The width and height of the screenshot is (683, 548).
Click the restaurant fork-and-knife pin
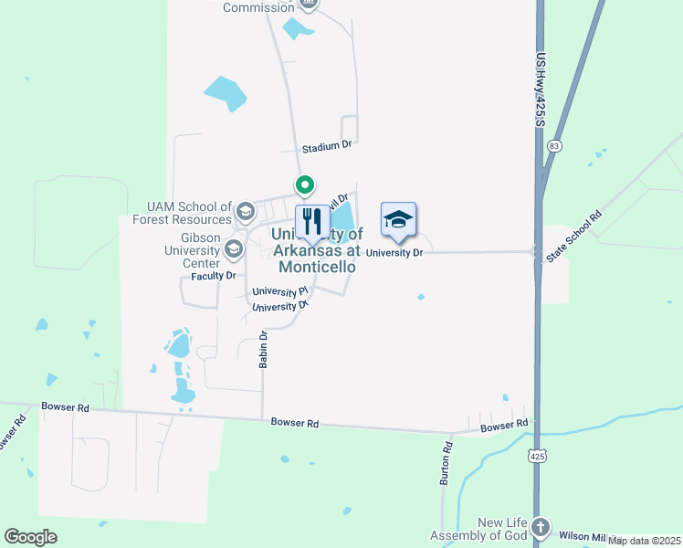pos(312,221)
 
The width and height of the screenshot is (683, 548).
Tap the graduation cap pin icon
pos(398,220)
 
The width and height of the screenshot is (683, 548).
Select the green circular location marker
pos(305,186)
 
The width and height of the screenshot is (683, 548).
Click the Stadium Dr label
pos(327,146)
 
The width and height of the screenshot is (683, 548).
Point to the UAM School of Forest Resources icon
pos(245,212)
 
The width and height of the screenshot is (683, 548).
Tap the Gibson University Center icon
pos(234,248)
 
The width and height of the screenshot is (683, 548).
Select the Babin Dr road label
pos(263,349)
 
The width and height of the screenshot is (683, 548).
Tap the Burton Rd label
pos(447,463)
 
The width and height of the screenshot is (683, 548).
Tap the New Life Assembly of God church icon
pos(541,527)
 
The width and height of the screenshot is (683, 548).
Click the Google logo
pos(30,537)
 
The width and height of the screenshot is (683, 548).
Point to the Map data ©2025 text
pos(644,541)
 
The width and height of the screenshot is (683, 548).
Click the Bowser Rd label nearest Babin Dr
pos(295,423)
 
